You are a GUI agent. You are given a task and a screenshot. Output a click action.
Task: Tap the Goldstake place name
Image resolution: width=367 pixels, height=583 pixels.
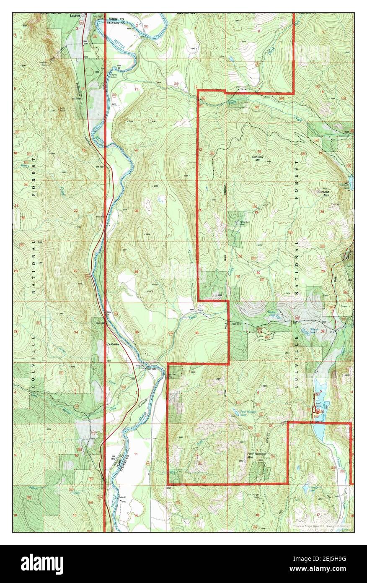click(114, 345)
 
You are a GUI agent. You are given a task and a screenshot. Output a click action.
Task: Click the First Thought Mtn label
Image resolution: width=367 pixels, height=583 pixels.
click(256, 455)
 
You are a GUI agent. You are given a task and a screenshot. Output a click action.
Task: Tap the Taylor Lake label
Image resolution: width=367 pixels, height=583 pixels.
click(272, 312)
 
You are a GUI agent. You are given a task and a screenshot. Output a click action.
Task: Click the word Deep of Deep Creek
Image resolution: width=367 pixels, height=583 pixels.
click(233, 102)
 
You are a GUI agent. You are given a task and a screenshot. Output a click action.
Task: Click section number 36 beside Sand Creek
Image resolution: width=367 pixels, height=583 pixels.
click(196, 333)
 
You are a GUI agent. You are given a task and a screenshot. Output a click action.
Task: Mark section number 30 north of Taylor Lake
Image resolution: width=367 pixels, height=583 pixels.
click(258, 273)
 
